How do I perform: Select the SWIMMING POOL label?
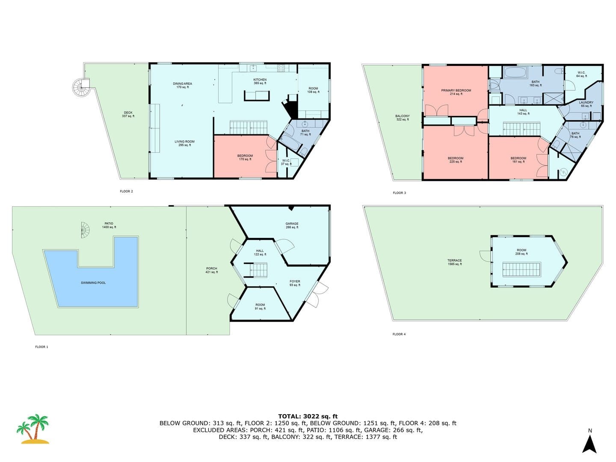click(x=93, y=283)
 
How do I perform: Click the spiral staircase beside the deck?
click(x=81, y=87)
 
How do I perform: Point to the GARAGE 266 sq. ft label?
click(x=292, y=225)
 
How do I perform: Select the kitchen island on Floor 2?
click(x=257, y=96)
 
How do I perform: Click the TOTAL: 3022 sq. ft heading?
click(x=308, y=416)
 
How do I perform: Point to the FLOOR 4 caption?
click(x=399, y=334)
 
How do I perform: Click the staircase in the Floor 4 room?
click(x=521, y=269)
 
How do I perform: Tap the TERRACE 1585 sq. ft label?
click(x=455, y=262)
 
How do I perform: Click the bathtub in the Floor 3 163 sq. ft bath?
click(x=516, y=72)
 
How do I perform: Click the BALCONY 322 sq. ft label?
click(x=403, y=118)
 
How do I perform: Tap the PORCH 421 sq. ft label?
click(x=212, y=270)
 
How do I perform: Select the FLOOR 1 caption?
click(x=41, y=346)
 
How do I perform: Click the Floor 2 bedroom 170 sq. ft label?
click(x=245, y=157)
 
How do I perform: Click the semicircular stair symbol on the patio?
click(x=85, y=230)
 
